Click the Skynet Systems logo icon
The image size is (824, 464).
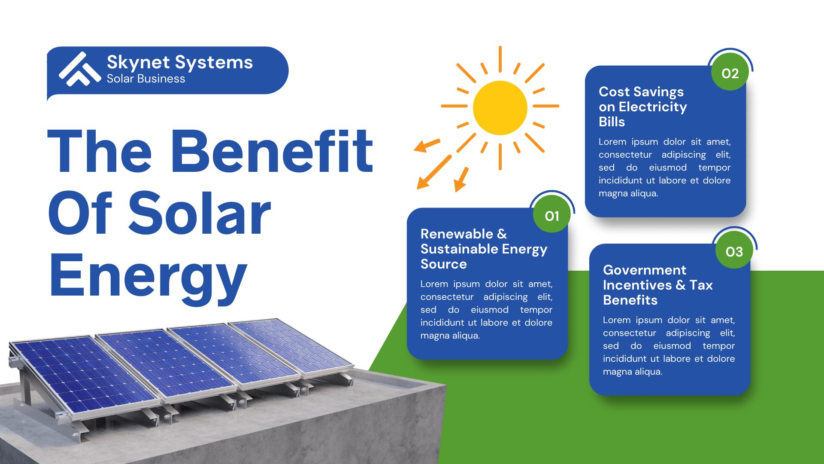(x=80, y=69)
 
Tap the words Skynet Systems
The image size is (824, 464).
(x=180, y=63)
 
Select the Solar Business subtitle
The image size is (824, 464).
(x=146, y=79)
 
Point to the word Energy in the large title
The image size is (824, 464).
(x=148, y=277)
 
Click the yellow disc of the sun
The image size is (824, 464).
(x=500, y=108)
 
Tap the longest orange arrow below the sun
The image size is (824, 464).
(x=434, y=172)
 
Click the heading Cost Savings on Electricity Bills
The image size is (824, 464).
(x=643, y=107)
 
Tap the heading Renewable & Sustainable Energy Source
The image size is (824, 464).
(x=484, y=249)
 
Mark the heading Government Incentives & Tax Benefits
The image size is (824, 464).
(x=657, y=285)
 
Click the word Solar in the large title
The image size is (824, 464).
(x=200, y=214)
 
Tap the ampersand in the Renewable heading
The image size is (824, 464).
(x=502, y=234)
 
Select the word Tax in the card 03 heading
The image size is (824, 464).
(x=701, y=285)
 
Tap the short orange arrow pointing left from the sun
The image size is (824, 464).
(x=427, y=145)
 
